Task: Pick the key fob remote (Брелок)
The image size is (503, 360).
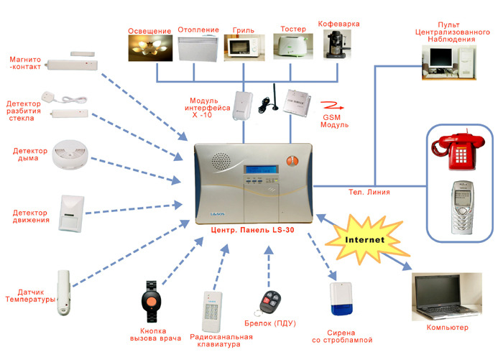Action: pos(272,303)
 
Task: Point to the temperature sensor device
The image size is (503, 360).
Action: pos(65,293)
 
